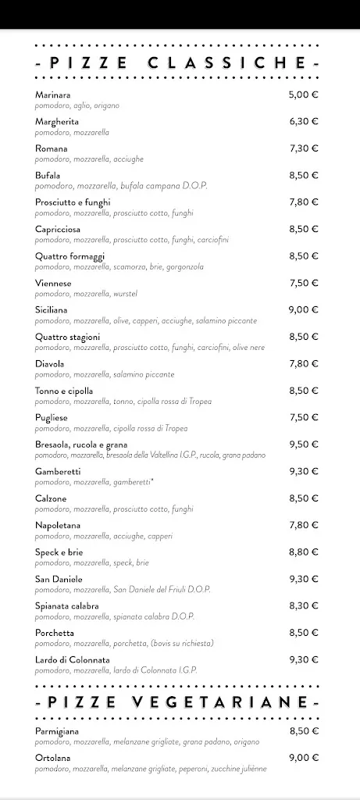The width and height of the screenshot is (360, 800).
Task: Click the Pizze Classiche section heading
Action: [179, 63]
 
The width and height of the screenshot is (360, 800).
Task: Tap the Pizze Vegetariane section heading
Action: [179, 703]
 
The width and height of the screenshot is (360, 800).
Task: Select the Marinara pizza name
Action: [53, 95]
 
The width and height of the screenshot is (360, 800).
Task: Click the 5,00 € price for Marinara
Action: [303, 95]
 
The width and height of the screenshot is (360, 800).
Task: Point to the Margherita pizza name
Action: [57, 122]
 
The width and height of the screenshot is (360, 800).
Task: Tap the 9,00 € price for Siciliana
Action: [303, 310]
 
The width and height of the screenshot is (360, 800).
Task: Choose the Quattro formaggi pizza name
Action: [70, 256]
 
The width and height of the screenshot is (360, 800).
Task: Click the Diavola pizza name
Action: [50, 364]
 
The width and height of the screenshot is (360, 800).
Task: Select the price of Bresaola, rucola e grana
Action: [303, 445]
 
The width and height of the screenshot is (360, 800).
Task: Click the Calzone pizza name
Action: [51, 498]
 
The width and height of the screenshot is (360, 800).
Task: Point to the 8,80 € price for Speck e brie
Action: [303, 552]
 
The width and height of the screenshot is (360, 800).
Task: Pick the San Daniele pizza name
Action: [59, 579]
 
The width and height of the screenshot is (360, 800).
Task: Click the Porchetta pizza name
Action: [55, 633]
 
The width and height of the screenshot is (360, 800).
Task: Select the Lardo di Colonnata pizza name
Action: [72, 660]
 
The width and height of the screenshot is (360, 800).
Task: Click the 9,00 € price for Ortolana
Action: [303, 758]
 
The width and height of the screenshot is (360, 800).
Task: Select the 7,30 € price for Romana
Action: [303, 148]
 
